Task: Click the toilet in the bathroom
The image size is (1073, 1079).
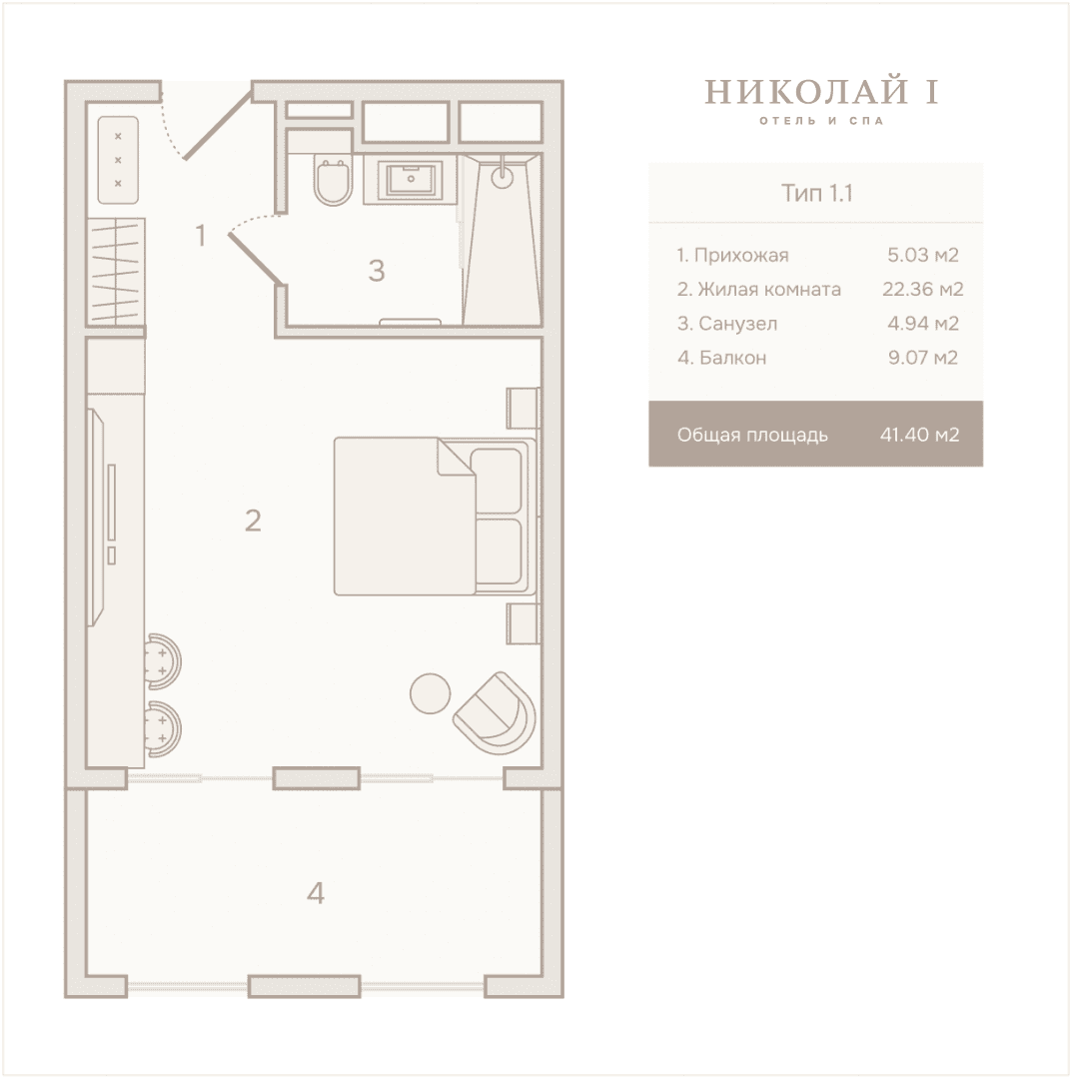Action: (333, 181)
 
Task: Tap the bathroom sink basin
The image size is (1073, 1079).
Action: (411, 180)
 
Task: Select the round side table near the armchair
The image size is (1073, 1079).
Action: (431, 693)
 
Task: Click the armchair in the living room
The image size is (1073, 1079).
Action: (495, 712)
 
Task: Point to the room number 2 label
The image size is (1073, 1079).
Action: (253, 521)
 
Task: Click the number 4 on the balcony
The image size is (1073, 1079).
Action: (316, 892)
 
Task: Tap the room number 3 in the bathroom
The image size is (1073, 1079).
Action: (376, 271)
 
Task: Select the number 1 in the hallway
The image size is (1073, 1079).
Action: (201, 236)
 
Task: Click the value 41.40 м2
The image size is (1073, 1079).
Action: (919, 435)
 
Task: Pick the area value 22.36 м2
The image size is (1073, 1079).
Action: (922, 289)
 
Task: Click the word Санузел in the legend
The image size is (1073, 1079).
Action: (738, 324)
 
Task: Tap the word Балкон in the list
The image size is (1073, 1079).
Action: (733, 358)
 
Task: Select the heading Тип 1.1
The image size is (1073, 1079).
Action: (816, 193)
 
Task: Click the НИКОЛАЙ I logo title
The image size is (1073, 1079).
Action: (821, 92)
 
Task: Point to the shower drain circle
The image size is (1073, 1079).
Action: (503, 176)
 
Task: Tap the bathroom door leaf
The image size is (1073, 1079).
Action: (255, 258)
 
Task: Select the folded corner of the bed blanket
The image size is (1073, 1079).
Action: (455, 457)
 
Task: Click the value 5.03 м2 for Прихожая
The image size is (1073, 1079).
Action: (922, 256)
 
